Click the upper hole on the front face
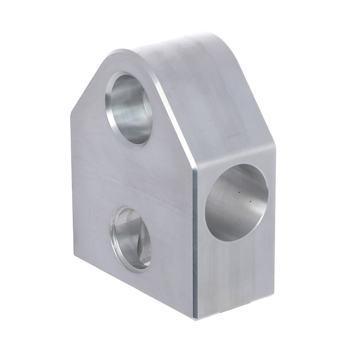coord(130,107)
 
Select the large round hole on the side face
coord(236,202)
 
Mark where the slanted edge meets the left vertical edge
coord(71,114)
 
